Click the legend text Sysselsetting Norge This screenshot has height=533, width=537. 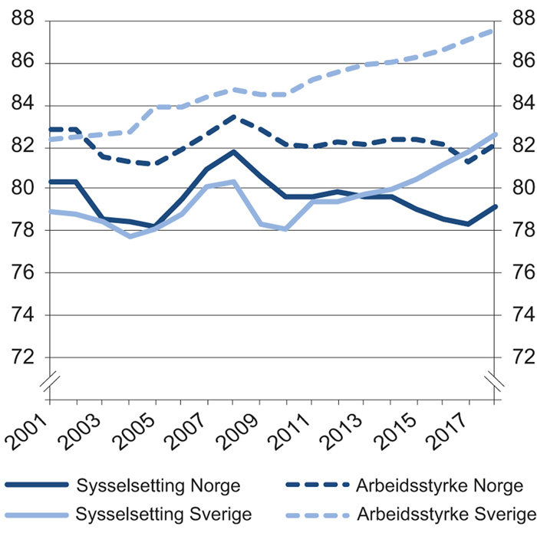pyautogui.click(x=159, y=485)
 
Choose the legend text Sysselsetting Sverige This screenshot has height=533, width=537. pyautogui.click(x=164, y=512)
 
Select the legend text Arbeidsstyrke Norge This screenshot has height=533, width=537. pyautogui.click(x=440, y=485)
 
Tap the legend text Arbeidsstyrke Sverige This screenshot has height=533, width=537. pyautogui.click(x=445, y=512)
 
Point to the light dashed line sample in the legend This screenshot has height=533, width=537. pyautogui.click(x=316, y=513)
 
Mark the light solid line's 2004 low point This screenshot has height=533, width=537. pyautogui.click(x=129, y=236)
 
